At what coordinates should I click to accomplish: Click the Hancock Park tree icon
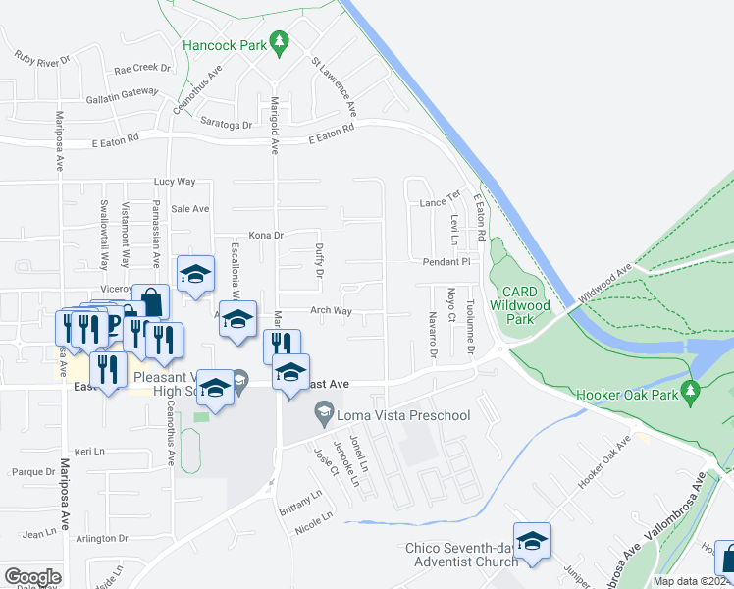click(280, 40)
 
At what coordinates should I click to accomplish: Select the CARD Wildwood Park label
click(533, 305)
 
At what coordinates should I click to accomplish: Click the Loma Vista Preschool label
click(403, 415)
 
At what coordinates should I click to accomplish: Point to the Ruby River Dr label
click(41, 58)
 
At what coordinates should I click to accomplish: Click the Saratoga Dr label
click(227, 125)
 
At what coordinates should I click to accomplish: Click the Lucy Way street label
click(176, 182)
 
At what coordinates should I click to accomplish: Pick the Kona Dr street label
click(265, 236)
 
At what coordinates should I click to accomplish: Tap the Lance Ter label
click(440, 202)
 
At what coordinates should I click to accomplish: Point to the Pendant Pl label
click(447, 263)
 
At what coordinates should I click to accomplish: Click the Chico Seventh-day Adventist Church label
click(461, 555)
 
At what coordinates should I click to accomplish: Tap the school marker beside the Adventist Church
click(532, 542)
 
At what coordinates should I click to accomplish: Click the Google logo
click(32, 577)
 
